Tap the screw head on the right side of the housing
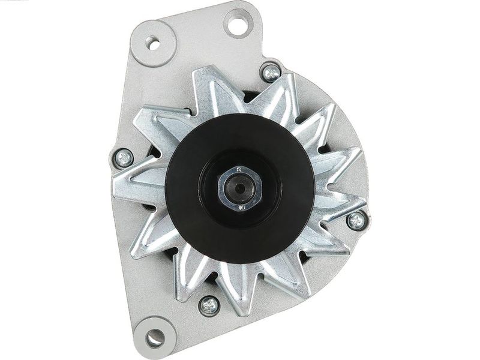tap(356, 220)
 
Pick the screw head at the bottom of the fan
tap(208, 305)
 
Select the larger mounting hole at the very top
tap(239, 23)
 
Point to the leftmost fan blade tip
tap(120, 183)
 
